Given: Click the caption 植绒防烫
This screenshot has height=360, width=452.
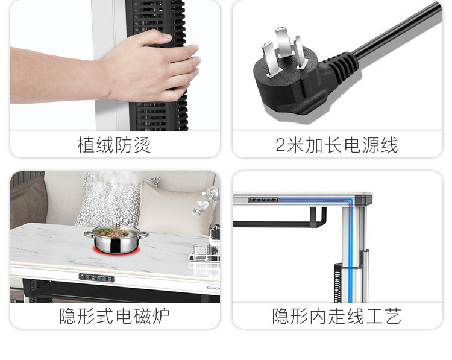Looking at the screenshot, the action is coord(114,145).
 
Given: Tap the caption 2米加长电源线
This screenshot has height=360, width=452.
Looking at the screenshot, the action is coord(337,145).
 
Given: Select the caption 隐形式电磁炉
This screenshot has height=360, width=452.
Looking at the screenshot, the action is coord(114,316).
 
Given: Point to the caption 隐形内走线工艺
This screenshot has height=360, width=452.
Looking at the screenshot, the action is coord(337,316).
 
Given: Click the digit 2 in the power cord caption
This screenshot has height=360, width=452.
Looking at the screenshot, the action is coord(280,145).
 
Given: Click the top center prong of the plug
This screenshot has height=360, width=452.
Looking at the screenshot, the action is coord(283,41).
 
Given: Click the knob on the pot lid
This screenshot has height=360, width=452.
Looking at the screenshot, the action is coord(116,224).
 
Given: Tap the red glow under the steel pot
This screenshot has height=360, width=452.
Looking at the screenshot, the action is coord(116,250).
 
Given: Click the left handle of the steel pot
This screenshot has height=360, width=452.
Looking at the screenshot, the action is coord(89,235).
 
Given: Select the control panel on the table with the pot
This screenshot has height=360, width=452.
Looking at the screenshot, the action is coord(96,278).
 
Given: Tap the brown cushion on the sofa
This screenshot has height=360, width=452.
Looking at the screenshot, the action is coord(28,202).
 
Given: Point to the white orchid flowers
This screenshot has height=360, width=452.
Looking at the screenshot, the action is coord(206,201).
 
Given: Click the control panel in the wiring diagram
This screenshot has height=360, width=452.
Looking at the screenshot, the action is coord(264,200).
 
